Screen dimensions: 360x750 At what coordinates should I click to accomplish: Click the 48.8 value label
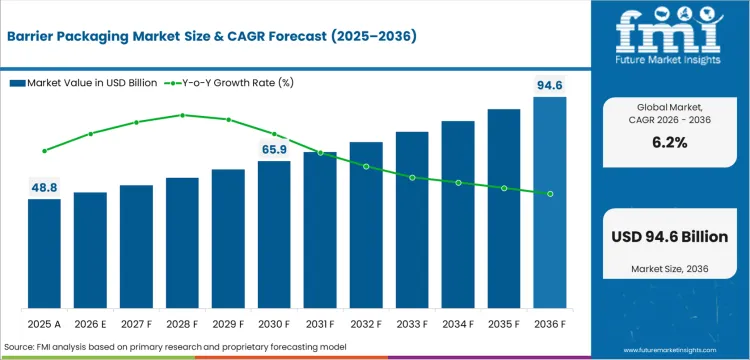click(x=44, y=187)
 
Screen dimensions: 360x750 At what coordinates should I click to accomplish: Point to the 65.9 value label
click(x=274, y=149)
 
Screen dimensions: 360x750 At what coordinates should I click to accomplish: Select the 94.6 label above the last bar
click(x=550, y=86)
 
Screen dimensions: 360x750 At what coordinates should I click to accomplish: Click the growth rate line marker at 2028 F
click(x=182, y=115)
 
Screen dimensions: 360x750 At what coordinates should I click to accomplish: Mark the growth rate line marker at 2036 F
click(x=550, y=193)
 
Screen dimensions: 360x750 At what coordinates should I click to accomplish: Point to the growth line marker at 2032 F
click(x=366, y=166)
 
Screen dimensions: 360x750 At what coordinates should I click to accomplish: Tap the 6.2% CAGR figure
click(x=670, y=143)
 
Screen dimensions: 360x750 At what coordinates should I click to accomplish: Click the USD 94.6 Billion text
click(x=670, y=237)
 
